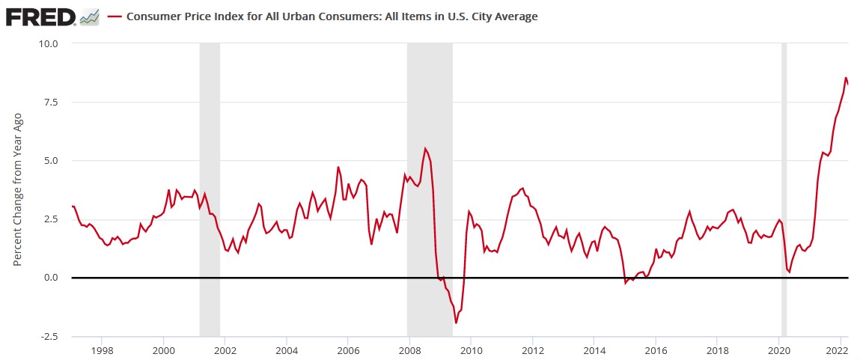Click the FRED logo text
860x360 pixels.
[40, 16]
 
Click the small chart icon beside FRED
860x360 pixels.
[90, 16]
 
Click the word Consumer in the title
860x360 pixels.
[152, 16]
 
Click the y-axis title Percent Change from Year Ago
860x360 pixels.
[18, 190]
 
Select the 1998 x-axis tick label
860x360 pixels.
[102, 350]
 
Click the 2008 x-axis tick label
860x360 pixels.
[409, 350]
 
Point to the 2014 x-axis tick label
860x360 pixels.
[594, 350]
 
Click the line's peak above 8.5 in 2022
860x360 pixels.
[846, 78]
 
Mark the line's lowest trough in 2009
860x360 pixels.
[456, 323]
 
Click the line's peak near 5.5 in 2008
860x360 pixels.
[425, 148]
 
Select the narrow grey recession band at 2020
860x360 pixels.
[784, 187]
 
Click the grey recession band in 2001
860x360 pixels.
[210, 187]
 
